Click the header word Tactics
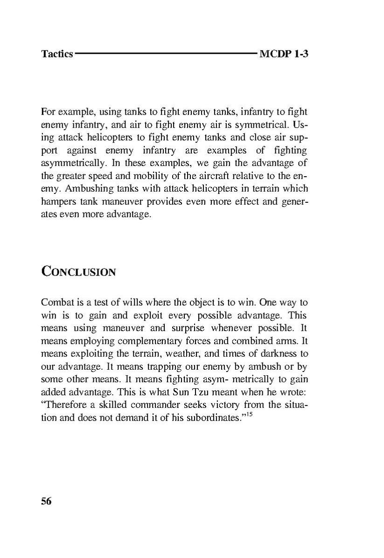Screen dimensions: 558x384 point(57,54)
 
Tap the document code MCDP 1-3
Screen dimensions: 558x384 point(284,54)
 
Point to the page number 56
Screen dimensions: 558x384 point(46,501)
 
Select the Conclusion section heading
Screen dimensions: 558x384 point(78,271)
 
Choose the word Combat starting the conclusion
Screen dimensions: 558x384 point(56,302)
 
